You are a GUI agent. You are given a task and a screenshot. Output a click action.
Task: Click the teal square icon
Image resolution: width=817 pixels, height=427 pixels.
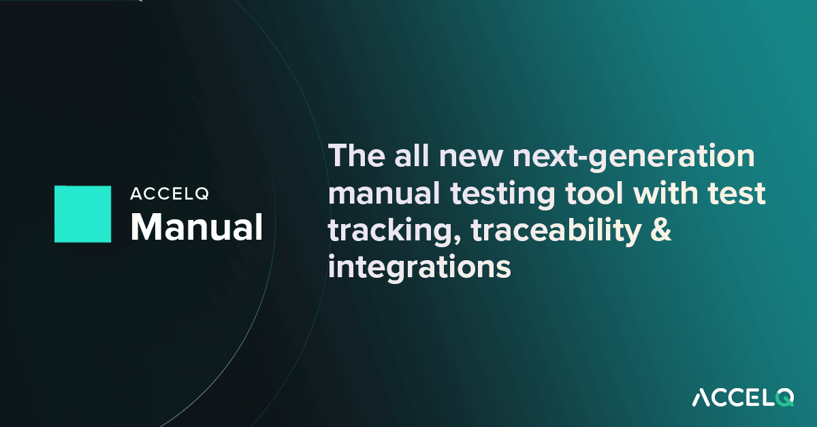[82, 214]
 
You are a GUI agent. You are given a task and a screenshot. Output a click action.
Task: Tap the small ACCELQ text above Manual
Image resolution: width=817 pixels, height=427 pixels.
[170, 194]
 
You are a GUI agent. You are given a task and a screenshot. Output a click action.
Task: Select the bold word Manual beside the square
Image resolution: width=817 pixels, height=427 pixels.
[196, 227]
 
